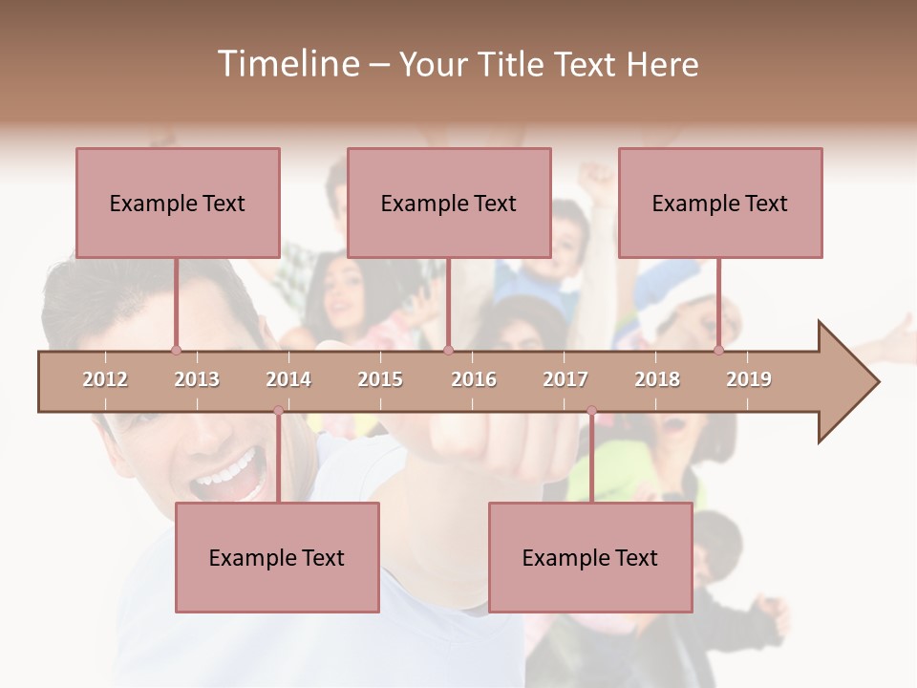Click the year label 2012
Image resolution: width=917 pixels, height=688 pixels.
click(x=105, y=379)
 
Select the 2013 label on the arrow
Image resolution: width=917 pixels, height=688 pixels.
click(x=197, y=379)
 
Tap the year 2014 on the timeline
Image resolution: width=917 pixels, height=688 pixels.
click(x=288, y=379)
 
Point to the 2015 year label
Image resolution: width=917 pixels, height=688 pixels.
click(x=380, y=379)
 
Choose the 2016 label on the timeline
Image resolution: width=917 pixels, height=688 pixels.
click(x=474, y=379)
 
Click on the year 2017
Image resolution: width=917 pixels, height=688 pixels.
click(x=565, y=379)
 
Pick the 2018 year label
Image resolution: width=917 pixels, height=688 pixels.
click(x=657, y=379)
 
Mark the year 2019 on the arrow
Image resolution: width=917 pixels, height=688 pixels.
click(x=749, y=379)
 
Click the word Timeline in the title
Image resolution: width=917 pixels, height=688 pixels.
click(x=287, y=64)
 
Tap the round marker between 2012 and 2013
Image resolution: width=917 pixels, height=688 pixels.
click(x=176, y=351)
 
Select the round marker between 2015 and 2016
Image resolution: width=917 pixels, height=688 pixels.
click(x=448, y=351)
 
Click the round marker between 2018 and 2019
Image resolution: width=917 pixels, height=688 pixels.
click(x=719, y=351)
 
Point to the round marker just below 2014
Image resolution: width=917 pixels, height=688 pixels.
click(x=278, y=411)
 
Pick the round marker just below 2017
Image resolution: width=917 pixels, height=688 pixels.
click(x=591, y=411)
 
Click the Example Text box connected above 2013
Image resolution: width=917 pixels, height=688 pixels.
click(x=178, y=203)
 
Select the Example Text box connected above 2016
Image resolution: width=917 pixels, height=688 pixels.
click(x=449, y=203)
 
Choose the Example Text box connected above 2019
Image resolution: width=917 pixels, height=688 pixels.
click(x=720, y=203)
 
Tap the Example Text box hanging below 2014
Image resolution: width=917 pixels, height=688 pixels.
click(x=277, y=557)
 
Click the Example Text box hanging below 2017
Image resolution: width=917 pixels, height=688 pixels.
click(x=590, y=557)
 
